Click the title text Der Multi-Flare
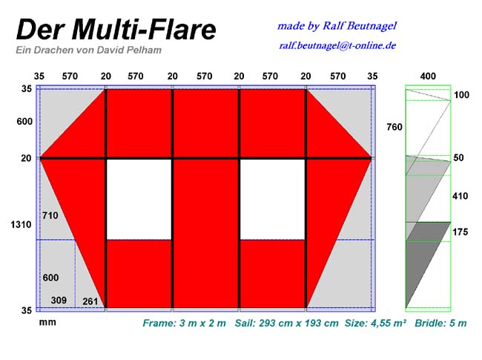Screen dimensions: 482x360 (x=116, y=30)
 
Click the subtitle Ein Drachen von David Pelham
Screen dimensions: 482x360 (x=88, y=50)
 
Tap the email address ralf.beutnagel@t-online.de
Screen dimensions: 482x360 (x=337, y=46)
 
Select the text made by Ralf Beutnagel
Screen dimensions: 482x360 (x=337, y=26)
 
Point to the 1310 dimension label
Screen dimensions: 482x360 (x=21, y=225)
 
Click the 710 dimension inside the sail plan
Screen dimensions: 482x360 (x=50, y=215)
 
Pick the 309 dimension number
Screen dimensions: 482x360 (x=59, y=300)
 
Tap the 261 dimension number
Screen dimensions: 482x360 (x=90, y=301)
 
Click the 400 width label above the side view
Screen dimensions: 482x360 (x=428, y=76)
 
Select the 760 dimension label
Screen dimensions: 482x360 (x=394, y=127)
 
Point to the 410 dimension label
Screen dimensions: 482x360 (x=460, y=196)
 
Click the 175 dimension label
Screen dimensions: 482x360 (x=460, y=232)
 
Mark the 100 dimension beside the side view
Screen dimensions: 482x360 (x=461, y=95)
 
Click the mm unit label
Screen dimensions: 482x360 (x=47, y=322)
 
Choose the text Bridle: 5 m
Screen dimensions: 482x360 (x=440, y=323)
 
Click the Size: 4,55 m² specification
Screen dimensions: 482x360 (x=375, y=323)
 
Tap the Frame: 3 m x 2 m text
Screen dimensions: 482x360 (x=184, y=324)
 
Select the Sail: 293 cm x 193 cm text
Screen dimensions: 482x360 (x=286, y=324)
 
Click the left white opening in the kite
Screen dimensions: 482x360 (x=139, y=199)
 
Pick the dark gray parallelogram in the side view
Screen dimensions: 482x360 (x=428, y=264)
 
